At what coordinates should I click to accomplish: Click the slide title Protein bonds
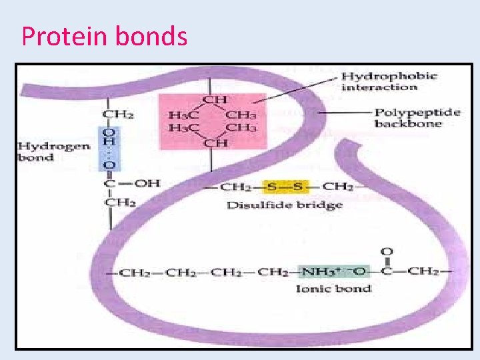point(105,36)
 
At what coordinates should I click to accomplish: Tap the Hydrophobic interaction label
point(389,81)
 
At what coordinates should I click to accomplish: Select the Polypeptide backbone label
point(417,118)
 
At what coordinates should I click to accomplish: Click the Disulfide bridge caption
point(285,205)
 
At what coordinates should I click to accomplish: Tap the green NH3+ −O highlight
point(333,272)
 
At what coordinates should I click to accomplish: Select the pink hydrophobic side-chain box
point(212,120)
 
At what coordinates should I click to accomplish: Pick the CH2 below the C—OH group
point(117,202)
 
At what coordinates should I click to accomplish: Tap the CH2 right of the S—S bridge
point(339,187)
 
